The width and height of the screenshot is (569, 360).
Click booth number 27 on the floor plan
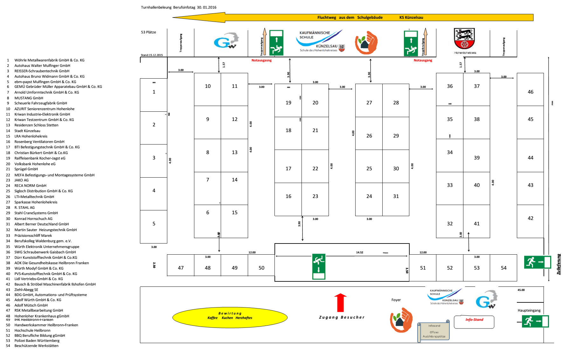[369, 102]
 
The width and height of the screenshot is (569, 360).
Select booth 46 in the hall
[530, 92]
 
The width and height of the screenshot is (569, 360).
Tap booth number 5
[154, 223]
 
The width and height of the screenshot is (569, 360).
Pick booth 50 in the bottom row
[261, 268]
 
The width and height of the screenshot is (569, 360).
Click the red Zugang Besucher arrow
[340, 302]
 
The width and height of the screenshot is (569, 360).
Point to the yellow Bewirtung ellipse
[230, 317]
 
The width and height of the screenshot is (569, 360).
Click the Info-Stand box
[474, 321]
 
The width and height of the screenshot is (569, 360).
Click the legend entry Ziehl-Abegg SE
[26, 290]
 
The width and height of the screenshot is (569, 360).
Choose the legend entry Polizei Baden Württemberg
[37, 341]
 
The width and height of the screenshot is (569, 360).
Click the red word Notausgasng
[261, 60]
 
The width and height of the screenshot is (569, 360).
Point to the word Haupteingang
[529, 310]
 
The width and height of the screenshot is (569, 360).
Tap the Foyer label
[396, 300]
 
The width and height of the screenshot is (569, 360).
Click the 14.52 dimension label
[359, 252]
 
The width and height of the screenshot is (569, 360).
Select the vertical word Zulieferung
[559, 264]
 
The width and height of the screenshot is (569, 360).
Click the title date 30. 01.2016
[206, 7]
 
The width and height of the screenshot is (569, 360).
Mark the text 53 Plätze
[149, 32]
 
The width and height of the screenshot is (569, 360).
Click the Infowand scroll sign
[434, 331]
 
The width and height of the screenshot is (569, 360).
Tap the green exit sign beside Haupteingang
[536, 321]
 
